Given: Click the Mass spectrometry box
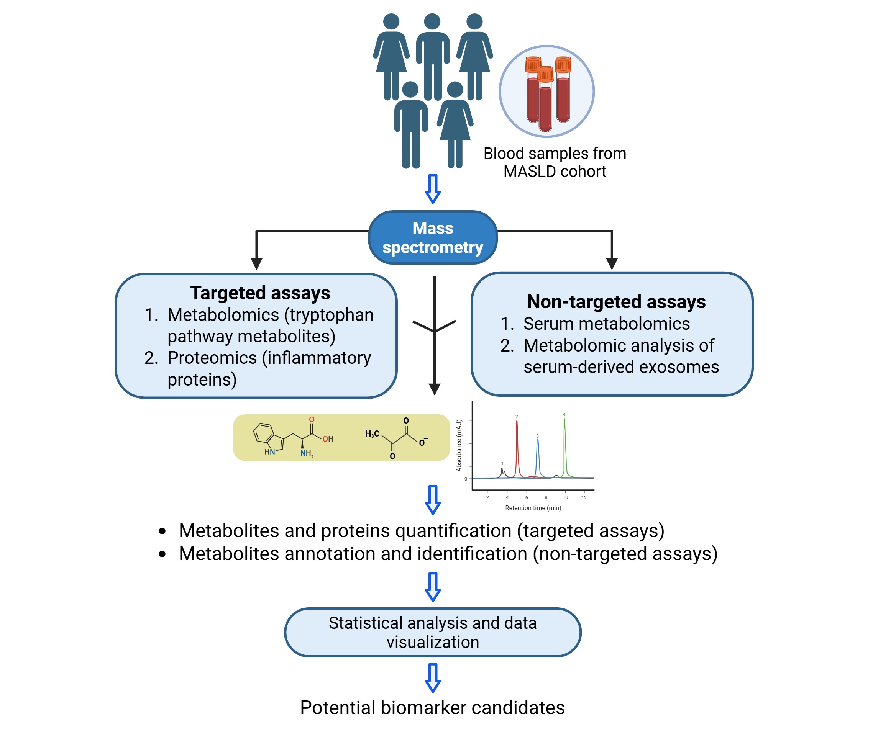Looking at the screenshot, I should coord(433,237).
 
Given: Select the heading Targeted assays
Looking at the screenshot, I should coord(260,293).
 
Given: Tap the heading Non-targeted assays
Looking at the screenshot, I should coord(616,301).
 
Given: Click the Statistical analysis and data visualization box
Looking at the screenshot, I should coord(433,632).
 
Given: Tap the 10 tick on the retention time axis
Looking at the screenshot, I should coord(565,497).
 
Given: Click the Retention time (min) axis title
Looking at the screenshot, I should coord(533,508).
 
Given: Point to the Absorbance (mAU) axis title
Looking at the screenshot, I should coord(459,445).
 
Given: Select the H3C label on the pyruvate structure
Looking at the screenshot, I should coord(372,434).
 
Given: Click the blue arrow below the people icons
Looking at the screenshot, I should coord(433,188).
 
